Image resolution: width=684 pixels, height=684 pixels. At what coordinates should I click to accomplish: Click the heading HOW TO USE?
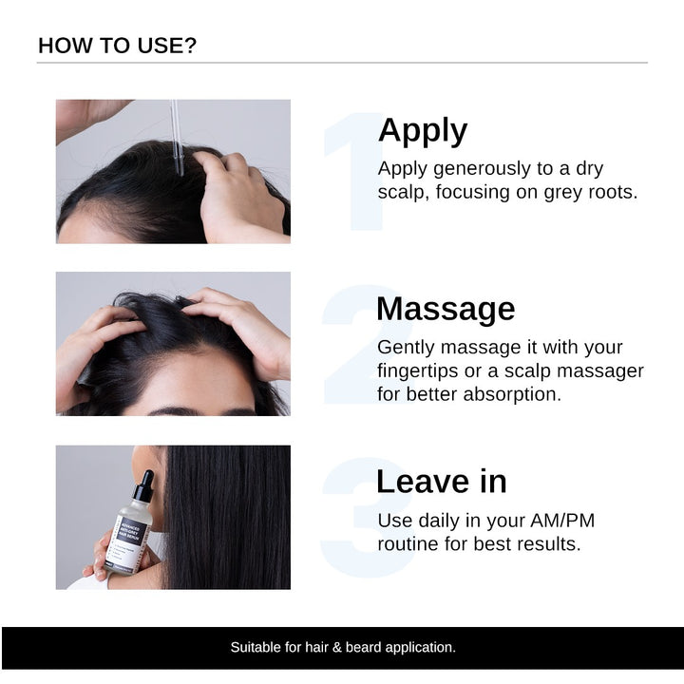coord(118,46)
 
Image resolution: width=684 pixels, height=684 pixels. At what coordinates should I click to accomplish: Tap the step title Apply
coord(422,130)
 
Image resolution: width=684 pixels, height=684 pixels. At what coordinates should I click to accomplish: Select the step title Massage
coord(445,309)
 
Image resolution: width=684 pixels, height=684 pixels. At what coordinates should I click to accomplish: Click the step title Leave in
coord(441,482)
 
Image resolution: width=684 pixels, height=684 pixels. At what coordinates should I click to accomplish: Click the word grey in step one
coord(563,192)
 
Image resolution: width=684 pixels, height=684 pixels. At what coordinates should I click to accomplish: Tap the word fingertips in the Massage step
coord(421,370)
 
